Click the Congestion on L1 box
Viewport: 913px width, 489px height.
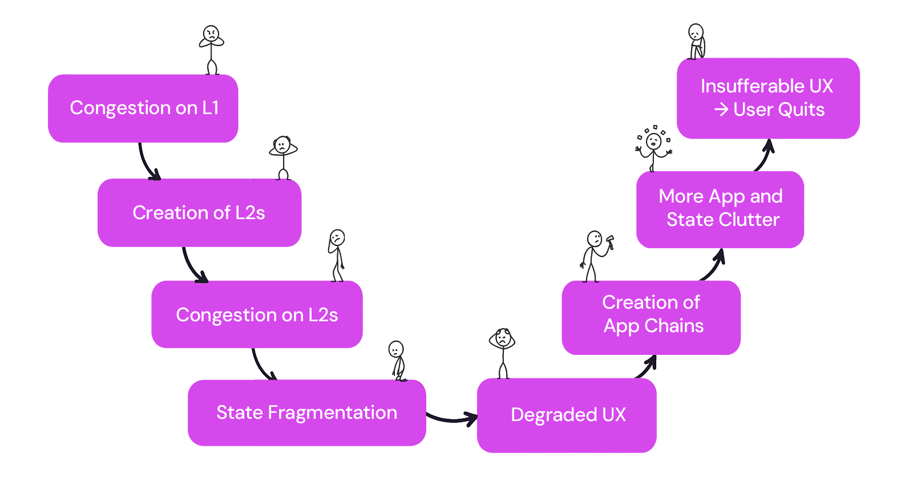click(143, 108)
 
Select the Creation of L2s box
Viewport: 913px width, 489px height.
click(199, 213)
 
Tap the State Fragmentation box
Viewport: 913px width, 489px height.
click(306, 413)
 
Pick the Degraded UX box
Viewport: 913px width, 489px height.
click(567, 415)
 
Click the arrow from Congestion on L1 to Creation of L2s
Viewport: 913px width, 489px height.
click(146, 163)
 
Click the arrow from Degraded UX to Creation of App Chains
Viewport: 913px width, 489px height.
click(647, 367)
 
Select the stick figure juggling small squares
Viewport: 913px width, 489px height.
click(654, 147)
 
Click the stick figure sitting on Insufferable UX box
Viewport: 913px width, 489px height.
click(696, 42)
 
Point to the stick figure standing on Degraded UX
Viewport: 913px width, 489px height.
click(502, 353)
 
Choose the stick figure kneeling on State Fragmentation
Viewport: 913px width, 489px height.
click(397, 361)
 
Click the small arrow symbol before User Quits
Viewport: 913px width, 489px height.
click(721, 109)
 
